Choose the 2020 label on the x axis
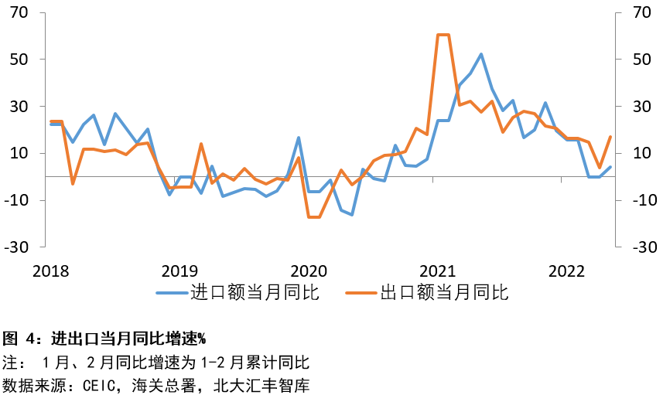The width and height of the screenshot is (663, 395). click(x=309, y=271)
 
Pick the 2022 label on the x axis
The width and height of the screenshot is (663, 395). click(x=566, y=271)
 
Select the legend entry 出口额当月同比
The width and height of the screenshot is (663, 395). click(x=443, y=293)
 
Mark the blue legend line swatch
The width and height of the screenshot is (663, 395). click(x=172, y=293)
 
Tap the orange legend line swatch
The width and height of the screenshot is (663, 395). click(x=361, y=293)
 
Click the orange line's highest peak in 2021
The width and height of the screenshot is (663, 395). click(x=443, y=35)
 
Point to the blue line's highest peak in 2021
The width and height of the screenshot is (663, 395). click(x=481, y=54)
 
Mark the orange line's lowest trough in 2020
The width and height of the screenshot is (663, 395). click(x=314, y=217)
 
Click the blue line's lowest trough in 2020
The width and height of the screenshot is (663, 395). click(x=352, y=215)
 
